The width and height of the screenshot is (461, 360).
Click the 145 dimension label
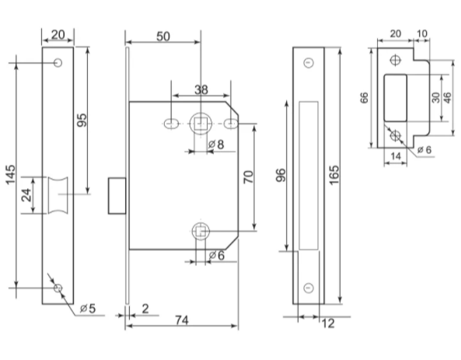point(10,175)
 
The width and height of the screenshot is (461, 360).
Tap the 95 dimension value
point(82,120)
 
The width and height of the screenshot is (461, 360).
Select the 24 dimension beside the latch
point(26,194)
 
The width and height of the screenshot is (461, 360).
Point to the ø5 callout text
point(88,309)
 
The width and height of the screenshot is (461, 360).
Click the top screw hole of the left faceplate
point(58,63)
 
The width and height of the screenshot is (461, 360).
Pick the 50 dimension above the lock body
point(163,37)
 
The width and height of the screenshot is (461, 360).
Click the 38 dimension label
point(201,89)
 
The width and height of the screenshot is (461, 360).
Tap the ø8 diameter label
point(216,145)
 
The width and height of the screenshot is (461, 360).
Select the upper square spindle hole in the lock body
point(201,124)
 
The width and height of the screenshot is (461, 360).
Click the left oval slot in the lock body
point(170,124)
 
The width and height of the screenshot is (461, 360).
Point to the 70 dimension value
point(249,177)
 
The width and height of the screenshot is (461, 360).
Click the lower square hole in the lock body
point(201,231)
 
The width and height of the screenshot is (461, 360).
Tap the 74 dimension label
point(182,320)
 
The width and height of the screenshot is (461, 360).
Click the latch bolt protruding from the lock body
point(117,196)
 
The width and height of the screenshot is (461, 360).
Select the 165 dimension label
point(334,175)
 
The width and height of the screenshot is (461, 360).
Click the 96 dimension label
point(281,175)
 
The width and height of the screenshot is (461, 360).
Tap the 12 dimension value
point(328,323)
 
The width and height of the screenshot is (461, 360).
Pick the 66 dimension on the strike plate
point(364,98)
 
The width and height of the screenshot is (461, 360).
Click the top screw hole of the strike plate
point(396,60)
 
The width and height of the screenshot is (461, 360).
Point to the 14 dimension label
point(396,156)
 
